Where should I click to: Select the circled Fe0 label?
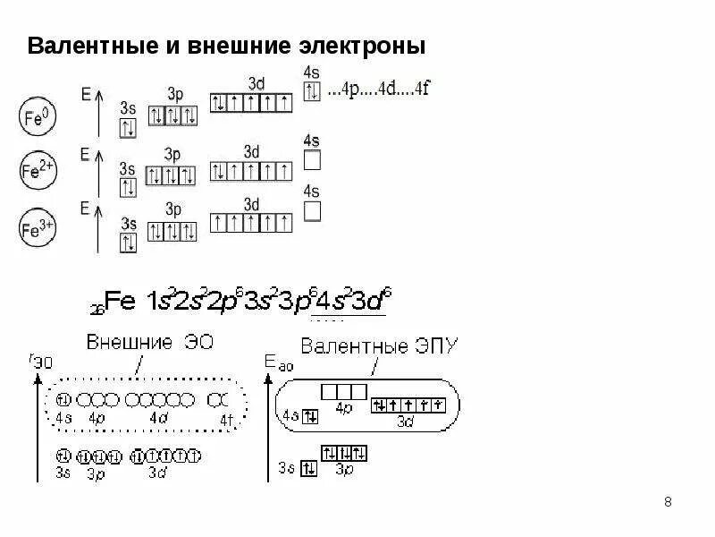37,116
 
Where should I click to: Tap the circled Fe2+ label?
37,169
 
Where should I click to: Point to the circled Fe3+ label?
37,229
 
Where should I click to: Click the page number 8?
669,500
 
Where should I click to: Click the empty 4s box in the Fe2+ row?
312,160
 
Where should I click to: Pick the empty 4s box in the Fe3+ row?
312,210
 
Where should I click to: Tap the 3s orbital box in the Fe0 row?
128,128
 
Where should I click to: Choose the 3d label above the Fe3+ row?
252,205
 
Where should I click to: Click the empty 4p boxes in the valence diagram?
344,391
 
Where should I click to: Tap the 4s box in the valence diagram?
310,415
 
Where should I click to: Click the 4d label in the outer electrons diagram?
157,417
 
